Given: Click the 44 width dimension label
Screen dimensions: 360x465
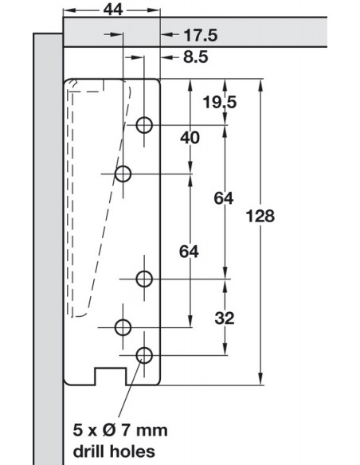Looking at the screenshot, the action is [x=113, y=10].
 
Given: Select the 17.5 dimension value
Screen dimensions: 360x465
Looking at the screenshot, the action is [x=201, y=35].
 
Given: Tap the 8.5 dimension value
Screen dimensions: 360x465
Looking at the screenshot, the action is [x=196, y=57].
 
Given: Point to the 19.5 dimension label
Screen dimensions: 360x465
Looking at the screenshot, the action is [x=220, y=103].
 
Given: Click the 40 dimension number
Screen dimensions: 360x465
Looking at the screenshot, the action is [x=190, y=138].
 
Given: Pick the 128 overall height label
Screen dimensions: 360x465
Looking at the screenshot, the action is [x=260, y=216].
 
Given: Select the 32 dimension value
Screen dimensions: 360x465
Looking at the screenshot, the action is [x=225, y=318].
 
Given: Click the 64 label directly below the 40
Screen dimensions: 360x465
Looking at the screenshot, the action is [x=189, y=252].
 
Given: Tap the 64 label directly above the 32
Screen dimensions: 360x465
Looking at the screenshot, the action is [x=224, y=198].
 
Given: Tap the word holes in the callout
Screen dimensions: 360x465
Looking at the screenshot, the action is [x=132, y=451].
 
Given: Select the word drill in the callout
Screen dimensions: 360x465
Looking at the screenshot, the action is [x=89, y=451].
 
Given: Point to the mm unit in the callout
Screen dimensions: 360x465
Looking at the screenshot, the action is [x=152, y=432].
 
